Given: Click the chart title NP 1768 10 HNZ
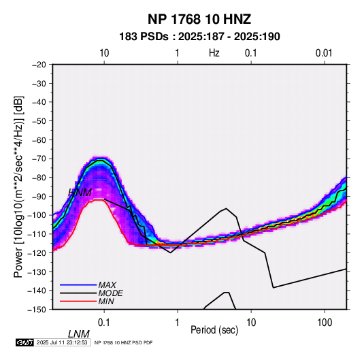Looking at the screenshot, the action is pos(199,19).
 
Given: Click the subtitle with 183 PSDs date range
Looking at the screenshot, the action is pos(199,37).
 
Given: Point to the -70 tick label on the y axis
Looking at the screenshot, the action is pos(39,159).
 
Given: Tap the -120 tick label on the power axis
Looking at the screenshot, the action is pos(37,253).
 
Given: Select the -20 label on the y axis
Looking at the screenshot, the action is pos(39,65).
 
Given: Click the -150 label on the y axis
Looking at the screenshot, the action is pos(37,310).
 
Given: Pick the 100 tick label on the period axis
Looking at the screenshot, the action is pos(325,322).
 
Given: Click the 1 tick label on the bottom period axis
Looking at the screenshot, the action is pos(178,322).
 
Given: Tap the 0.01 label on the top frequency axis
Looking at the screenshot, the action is pos(324,53).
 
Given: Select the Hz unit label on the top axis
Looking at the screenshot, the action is pos(214,53).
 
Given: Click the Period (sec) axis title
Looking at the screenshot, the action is pos(214,330).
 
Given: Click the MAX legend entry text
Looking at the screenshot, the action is pos(107,285).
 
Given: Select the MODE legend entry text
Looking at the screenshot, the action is pos(110,293).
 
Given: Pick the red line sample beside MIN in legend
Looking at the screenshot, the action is pos(78,301).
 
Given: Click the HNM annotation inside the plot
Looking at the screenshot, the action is pos(80,193).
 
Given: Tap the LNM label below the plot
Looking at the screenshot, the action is pos(79,334).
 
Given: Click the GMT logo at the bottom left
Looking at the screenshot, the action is pos(24,342).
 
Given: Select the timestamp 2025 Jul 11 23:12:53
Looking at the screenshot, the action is pos(62,342).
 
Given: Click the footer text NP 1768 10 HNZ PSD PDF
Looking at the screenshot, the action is pos(124,342).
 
